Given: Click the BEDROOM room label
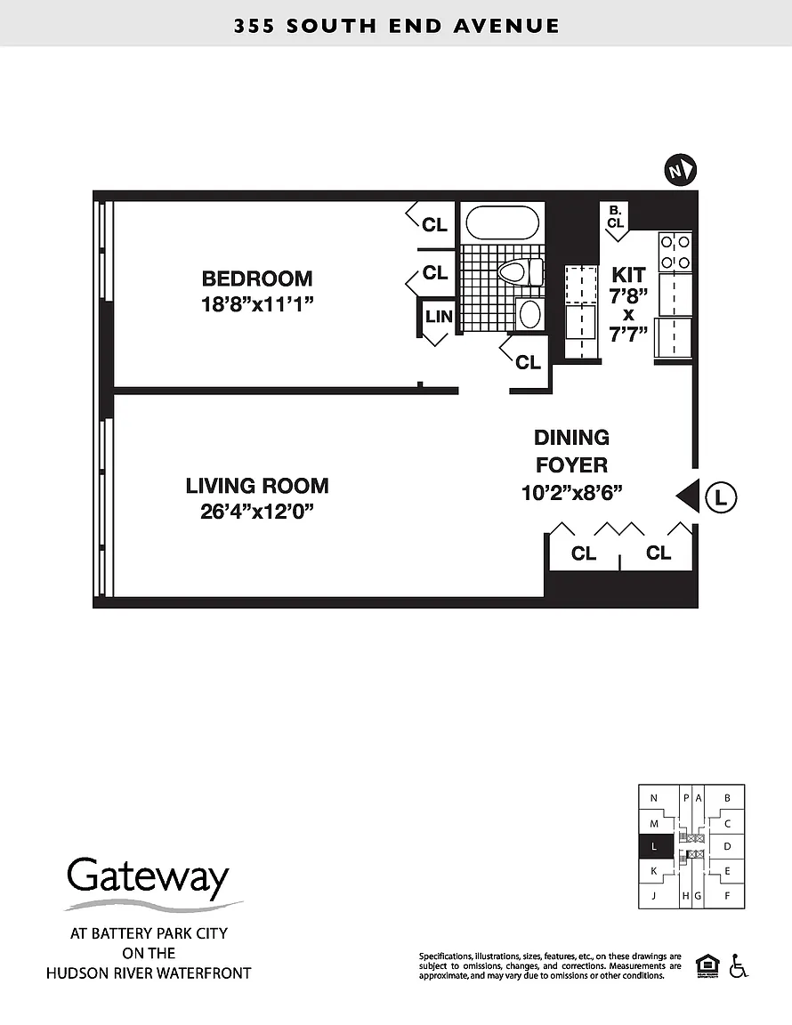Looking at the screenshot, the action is coord(257,278).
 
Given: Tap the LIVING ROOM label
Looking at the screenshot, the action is coord(257,486).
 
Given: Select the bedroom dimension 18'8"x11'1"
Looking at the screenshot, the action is coord(257,304).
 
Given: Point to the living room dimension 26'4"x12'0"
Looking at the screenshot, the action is coord(257,512).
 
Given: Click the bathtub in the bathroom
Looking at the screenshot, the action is coord(503,223).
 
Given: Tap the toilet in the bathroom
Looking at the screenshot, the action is coord(521,272).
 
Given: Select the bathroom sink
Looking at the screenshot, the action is coord(529,314).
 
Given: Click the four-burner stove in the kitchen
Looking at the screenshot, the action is coord(675,253).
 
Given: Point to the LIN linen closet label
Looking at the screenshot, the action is coord(439,317).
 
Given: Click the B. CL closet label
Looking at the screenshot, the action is coord(616,216).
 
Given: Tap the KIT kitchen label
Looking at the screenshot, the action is coord(628,275).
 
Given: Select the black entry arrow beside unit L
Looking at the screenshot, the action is coord(687,496).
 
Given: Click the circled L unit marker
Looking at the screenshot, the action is coord(721,497).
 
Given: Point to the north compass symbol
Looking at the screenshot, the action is coord(680,171).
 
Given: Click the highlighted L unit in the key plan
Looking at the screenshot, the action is coord(655,846).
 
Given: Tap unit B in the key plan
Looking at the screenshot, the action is coord(727,798).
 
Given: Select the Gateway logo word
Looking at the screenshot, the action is coord(148,877).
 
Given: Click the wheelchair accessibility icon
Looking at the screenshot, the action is coord(739,965).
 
